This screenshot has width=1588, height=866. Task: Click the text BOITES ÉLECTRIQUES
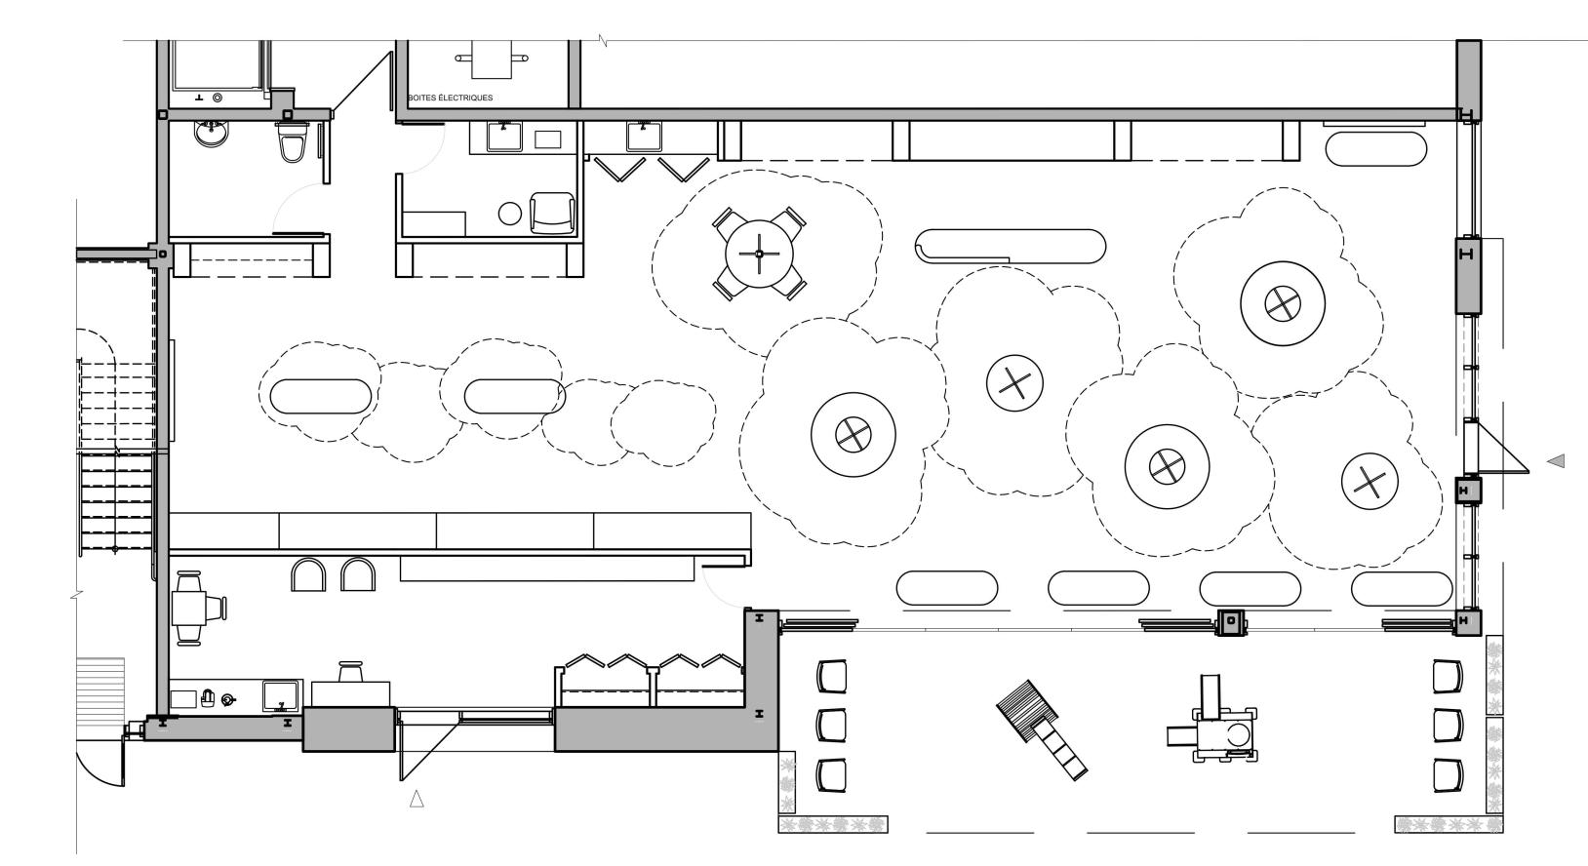click(x=451, y=98)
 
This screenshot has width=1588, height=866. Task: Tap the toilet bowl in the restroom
click(x=292, y=140)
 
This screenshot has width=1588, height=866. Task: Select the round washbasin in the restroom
click(x=212, y=134)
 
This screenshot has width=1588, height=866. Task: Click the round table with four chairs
click(x=759, y=254)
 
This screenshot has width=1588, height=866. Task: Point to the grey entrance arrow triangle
click(x=1556, y=461)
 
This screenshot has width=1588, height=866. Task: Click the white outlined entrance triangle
click(x=417, y=799)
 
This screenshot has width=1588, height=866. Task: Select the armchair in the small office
click(x=552, y=213)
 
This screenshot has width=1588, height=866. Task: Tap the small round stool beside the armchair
click(x=510, y=214)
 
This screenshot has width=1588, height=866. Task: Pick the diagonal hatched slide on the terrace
click(x=1042, y=729)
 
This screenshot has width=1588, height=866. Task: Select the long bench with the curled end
click(x=1011, y=247)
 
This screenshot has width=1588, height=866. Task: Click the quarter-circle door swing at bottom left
click(x=99, y=759)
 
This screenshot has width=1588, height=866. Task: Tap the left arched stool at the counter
click(x=308, y=574)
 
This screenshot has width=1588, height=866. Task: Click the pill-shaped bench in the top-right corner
click(x=1376, y=149)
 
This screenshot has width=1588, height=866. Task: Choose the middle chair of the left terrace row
click(x=832, y=725)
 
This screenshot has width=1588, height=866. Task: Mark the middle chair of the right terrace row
click(x=1448, y=725)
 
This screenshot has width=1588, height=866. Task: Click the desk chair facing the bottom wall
click(x=351, y=671)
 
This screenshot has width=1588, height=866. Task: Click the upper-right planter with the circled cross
click(x=1283, y=303)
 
